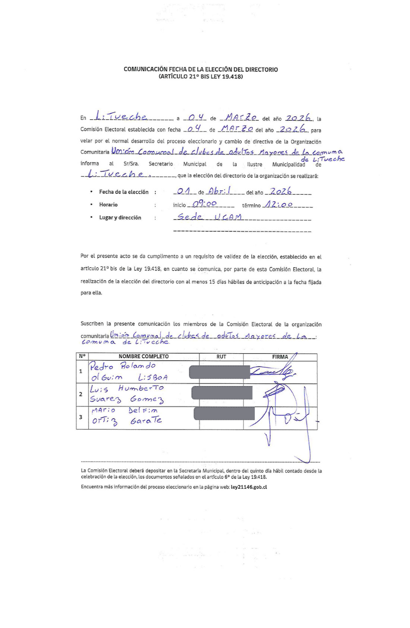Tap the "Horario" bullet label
[x=108, y=205]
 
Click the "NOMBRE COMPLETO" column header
[x=143, y=357]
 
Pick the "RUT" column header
[x=221, y=357]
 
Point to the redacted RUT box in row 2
[x=222, y=393]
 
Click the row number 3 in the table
[x=80, y=417]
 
